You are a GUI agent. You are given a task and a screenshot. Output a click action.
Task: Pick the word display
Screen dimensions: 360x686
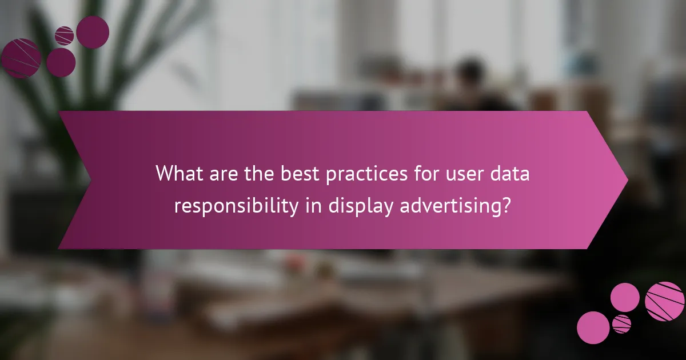(x=360, y=206)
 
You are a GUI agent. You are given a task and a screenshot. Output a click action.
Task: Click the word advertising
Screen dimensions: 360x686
(x=446, y=206)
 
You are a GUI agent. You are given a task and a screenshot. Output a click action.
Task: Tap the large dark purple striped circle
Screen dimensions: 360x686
(x=21, y=58)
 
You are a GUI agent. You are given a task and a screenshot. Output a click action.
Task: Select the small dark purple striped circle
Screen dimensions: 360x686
(x=64, y=36)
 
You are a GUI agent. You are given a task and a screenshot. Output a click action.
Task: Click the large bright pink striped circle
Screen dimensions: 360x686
(x=664, y=301)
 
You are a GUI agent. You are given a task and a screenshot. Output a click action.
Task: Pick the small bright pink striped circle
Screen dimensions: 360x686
(x=621, y=324)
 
